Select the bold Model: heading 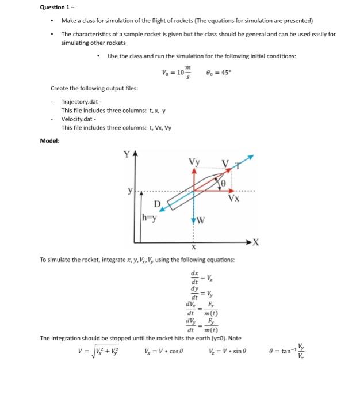(x=50, y=140)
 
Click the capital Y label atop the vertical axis (x=127, y=154)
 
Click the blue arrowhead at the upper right (x=248, y=157)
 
